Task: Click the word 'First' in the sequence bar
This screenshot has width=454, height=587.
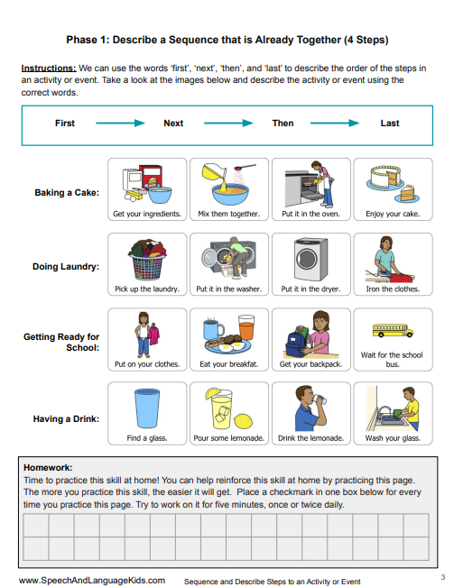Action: tap(65, 123)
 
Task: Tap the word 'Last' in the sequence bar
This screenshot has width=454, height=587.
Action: tap(390, 123)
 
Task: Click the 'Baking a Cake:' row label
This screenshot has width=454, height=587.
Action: tap(67, 193)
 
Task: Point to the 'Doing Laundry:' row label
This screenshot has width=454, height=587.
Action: tap(66, 267)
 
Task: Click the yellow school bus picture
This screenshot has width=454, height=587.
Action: tap(392, 331)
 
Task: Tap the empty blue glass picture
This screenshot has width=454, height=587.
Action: tap(146, 408)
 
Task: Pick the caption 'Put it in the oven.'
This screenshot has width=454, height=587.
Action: tap(310, 215)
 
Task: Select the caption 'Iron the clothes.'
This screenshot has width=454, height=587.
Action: tap(392, 289)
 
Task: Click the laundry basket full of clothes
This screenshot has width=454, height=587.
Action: tap(146, 259)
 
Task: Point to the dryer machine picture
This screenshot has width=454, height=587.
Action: tap(310, 259)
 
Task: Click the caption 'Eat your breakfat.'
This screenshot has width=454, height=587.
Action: tap(228, 364)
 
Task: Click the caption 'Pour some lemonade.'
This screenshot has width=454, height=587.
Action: tap(228, 438)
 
